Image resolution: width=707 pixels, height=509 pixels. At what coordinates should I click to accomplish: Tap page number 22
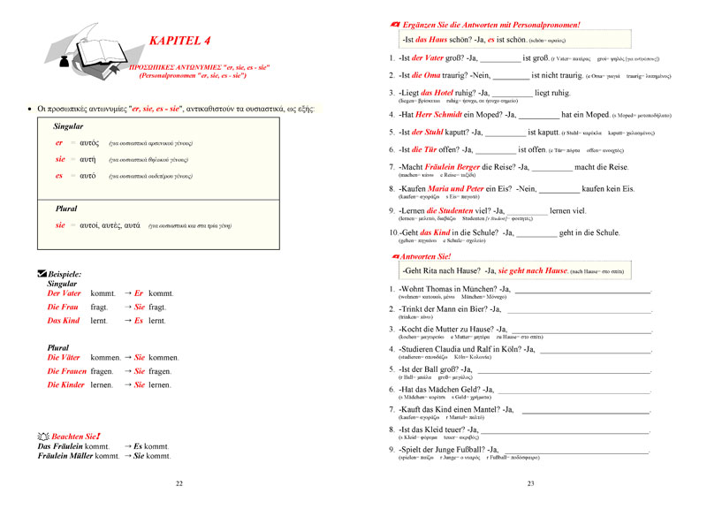tap(179, 483)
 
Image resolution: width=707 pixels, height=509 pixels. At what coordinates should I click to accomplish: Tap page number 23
tap(530, 483)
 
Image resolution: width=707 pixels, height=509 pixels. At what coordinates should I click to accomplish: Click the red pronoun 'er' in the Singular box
tap(59, 143)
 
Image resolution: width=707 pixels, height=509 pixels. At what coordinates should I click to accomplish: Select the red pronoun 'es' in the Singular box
tap(59, 176)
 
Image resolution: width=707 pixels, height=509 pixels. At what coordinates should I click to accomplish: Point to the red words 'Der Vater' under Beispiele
tap(64, 292)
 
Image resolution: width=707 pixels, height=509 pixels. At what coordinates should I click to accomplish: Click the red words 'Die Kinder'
tap(66, 386)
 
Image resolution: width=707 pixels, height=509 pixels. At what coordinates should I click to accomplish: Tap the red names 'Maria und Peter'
tap(461, 188)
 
